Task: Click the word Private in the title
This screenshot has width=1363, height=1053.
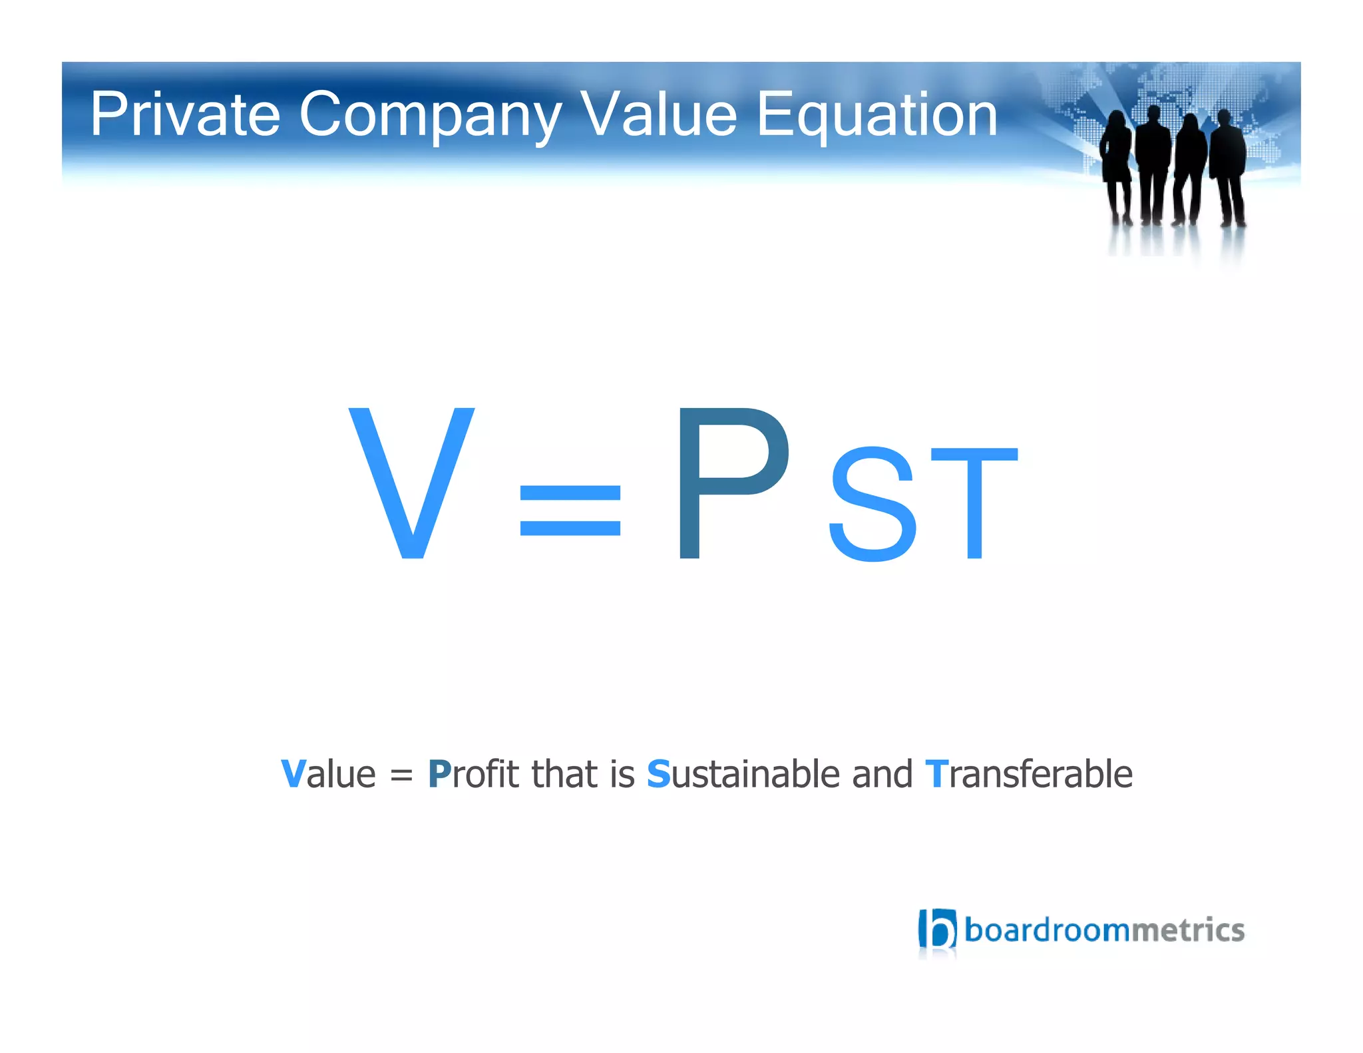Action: pos(184,114)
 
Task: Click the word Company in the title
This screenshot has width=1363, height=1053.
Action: pos(430,114)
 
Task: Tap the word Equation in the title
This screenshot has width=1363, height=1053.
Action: pos(876,114)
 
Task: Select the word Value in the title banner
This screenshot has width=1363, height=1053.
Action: pos(659,114)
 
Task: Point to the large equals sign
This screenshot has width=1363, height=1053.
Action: pos(570,510)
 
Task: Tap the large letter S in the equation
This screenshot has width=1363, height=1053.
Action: pos(873,504)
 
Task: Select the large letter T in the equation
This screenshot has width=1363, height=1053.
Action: pos(974,504)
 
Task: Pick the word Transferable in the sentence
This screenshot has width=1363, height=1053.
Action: pos(1028,774)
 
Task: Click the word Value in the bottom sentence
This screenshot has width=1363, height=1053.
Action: pos(328,774)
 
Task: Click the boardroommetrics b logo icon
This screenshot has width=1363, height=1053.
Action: pos(937,929)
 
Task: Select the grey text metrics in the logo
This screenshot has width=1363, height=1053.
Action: pos(1187,930)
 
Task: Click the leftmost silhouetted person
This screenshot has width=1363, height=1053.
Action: pos(1116,166)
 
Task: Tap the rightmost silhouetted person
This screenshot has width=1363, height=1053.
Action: pos(1228,166)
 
